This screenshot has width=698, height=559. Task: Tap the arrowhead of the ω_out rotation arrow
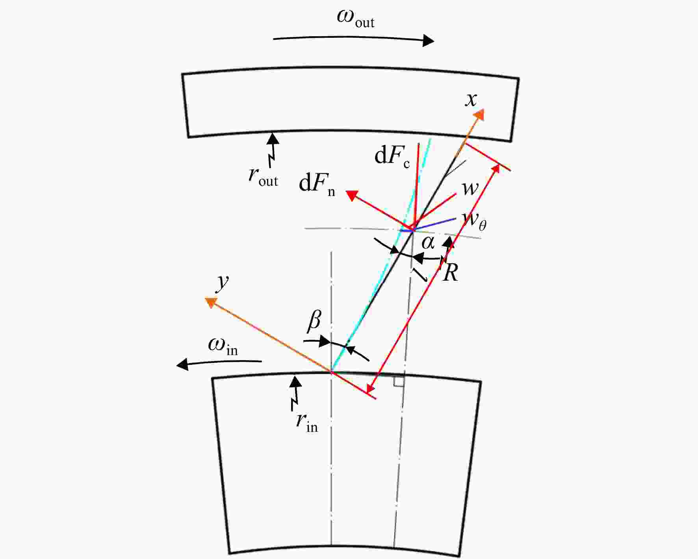tap(428, 40)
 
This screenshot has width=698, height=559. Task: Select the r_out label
tap(263, 176)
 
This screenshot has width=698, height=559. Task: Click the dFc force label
tap(392, 157)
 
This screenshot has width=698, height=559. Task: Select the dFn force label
tap(317, 184)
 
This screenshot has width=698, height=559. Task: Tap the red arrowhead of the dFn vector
tap(352, 195)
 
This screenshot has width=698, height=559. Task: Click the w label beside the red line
tap(470, 188)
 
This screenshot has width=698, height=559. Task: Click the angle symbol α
tap(428, 242)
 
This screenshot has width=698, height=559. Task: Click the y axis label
tap(223, 282)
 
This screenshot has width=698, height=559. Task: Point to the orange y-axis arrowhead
tap(211, 302)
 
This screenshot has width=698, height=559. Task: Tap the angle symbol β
tap(314, 320)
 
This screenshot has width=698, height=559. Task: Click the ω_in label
tap(223, 346)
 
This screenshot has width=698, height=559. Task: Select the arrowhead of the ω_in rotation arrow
tap(182, 365)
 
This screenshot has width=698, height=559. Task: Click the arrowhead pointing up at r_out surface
tap(273, 138)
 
